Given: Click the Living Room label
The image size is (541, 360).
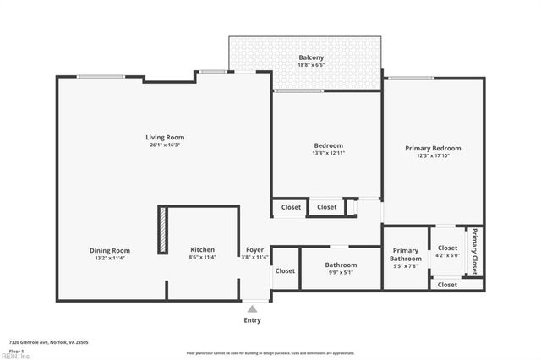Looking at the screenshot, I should (165, 137).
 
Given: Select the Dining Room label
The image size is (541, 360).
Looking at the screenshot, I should (110, 250).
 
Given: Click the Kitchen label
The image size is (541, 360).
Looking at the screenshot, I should (202, 250).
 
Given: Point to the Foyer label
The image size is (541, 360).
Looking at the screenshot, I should (254, 250).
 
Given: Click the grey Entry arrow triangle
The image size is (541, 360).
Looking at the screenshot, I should (252, 308).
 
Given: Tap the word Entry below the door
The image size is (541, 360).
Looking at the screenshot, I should (252, 320).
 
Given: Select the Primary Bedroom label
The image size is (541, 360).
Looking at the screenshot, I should (433, 148).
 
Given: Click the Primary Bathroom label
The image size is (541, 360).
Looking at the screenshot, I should (405, 254).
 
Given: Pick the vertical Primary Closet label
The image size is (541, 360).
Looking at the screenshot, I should (474, 251).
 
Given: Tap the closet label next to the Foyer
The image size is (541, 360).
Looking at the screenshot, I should (285, 271).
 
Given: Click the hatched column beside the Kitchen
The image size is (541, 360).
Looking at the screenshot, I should (162, 230).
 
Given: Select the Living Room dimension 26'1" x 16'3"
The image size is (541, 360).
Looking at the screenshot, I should (165, 145).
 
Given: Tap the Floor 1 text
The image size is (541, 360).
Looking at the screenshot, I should (17, 350).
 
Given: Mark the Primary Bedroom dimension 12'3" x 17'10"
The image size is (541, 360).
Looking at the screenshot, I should (433, 155).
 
